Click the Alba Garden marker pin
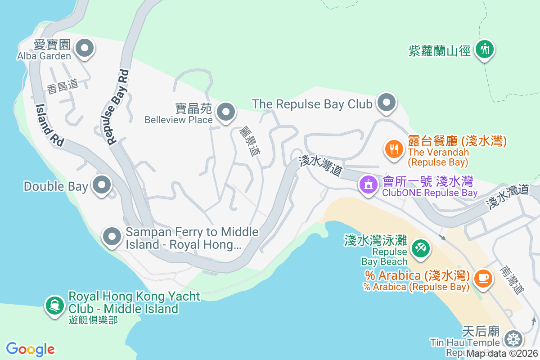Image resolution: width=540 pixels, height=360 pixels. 84,48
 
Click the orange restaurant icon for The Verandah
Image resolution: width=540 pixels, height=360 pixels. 394,148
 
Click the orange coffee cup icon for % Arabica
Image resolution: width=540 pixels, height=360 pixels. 483,278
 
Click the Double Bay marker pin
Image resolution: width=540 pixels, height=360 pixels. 102,185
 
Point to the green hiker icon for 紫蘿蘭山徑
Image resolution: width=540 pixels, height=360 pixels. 485,49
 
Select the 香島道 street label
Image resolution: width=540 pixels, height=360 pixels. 62,86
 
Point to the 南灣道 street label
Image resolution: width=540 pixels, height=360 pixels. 512,279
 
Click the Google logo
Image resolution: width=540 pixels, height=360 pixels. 31,349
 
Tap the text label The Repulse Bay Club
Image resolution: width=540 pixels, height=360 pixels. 312,104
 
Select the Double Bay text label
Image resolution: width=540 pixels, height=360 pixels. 56,186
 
